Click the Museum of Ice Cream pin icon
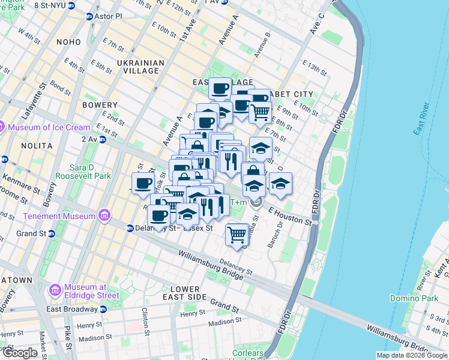(x=2, y=127)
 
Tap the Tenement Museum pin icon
(x=105, y=215)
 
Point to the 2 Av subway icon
(x=102, y=140)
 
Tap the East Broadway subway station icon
(x=103, y=310)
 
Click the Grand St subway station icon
(x=52, y=233)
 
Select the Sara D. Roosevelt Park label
(x=83, y=172)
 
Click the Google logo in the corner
(x=20, y=353)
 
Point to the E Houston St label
(x=291, y=217)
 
